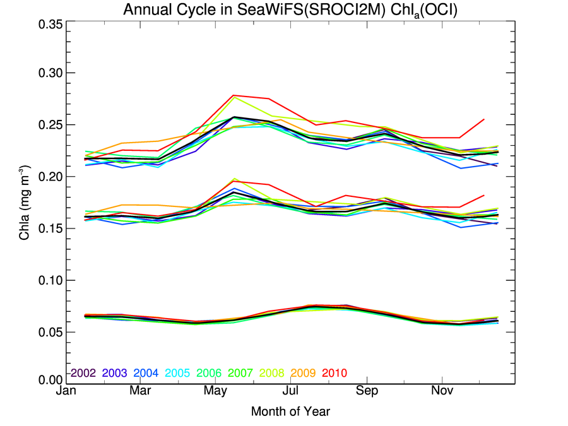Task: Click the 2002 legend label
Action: tap(83, 373)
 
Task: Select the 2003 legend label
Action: tap(115, 373)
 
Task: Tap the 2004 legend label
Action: tap(146, 373)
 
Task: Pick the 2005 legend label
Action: tap(177, 373)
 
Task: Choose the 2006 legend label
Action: tap(209, 373)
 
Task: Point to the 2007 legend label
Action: tap(240, 373)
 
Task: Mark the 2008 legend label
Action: tap(271, 373)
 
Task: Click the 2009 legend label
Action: tap(303, 373)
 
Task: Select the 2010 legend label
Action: tap(334, 373)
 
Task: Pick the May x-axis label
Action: tap(216, 392)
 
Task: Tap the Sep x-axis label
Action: tap(367, 392)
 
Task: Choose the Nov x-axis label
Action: tap(442, 392)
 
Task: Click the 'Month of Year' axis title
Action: tap(290, 411)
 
